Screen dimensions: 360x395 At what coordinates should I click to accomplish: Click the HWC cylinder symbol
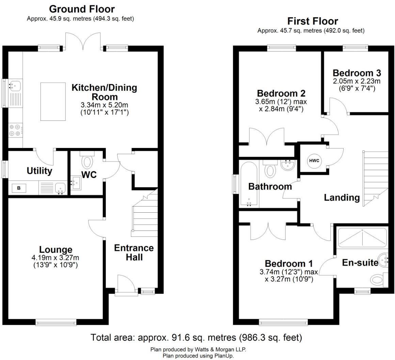click(314, 161)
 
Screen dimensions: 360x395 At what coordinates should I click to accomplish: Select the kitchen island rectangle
click(53, 101)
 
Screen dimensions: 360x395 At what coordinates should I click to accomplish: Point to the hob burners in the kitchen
click(15, 131)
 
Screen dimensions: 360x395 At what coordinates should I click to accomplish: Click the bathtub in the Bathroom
click(249, 184)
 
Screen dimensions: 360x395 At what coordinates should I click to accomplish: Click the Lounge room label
click(56, 250)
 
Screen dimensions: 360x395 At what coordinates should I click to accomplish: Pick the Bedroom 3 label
click(357, 73)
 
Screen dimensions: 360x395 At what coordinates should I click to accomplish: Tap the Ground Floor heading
click(82, 9)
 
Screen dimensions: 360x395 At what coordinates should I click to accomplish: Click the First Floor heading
click(313, 21)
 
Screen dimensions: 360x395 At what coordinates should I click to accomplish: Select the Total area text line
click(196, 338)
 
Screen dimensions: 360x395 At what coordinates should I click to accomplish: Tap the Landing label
click(342, 197)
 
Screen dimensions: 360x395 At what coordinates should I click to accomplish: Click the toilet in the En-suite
click(377, 280)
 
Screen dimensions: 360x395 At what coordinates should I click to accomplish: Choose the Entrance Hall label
click(133, 252)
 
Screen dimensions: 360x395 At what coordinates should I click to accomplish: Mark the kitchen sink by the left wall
click(15, 85)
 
